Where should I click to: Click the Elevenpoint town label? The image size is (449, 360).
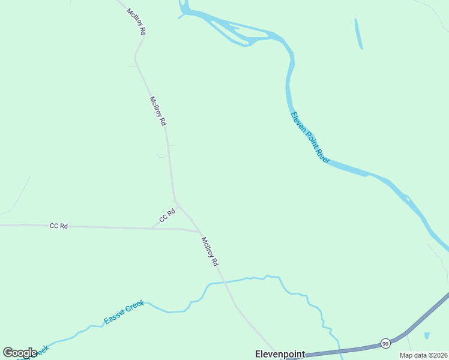[280, 354]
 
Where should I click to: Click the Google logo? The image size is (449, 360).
[20, 353]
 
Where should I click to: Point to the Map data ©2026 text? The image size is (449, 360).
[423, 355]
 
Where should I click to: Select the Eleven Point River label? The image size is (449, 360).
[310, 137]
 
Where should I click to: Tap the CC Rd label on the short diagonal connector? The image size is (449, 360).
[167, 215]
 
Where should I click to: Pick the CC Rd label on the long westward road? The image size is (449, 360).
[59, 226]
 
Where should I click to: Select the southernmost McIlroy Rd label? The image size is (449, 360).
[210, 252]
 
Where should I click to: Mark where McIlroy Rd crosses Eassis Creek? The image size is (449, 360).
[223, 281]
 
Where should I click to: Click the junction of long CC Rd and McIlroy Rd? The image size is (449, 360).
[199, 232]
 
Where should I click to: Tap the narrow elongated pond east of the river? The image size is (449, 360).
[359, 34]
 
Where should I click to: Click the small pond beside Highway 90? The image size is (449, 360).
[427, 335]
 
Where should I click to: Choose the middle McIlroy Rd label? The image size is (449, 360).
[158, 110]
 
